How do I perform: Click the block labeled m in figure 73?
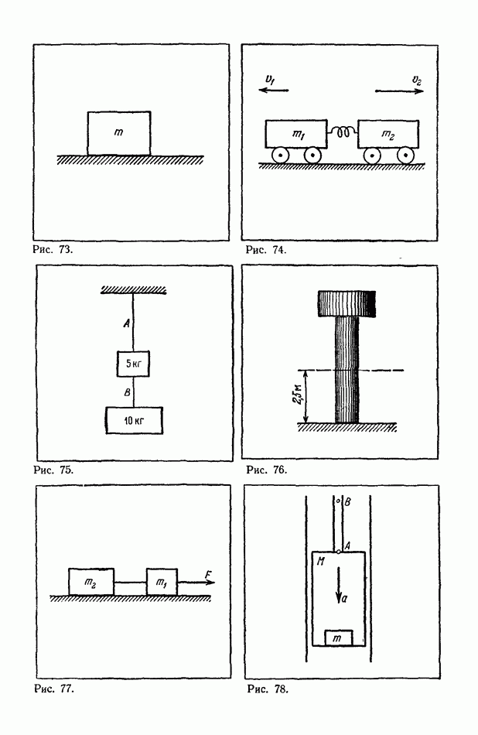[x=119, y=133]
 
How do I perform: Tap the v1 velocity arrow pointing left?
[x=274, y=90]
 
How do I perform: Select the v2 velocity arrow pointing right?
[x=399, y=91]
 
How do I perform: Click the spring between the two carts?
[x=343, y=132]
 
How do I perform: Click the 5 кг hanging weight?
[x=134, y=364]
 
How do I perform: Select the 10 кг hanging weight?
[x=135, y=420]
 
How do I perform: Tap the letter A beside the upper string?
[x=127, y=323]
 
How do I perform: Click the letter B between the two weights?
[x=127, y=392]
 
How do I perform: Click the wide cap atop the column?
[x=347, y=303]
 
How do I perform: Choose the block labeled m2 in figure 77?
[x=91, y=582]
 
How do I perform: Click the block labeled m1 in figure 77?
[x=162, y=582]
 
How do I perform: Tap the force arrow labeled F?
[x=196, y=583]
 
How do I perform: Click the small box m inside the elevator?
[x=339, y=638]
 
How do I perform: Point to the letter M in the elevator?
[x=321, y=561]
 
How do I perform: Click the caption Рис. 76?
[x=267, y=469]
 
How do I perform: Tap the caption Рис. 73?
[x=53, y=249]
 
